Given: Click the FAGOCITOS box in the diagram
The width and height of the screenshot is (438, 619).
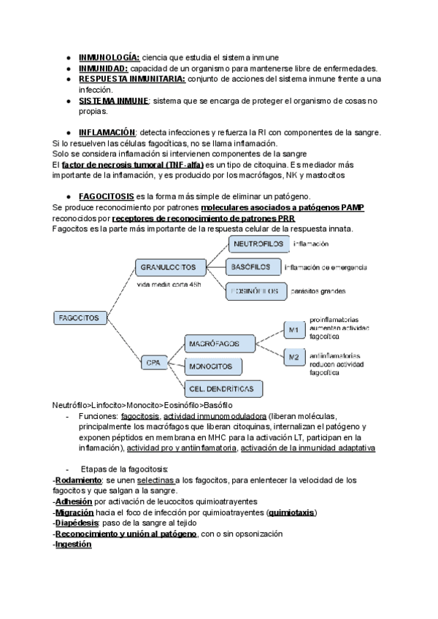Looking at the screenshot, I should tap(81, 318).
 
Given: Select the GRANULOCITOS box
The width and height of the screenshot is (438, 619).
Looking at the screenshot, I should tap(166, 269).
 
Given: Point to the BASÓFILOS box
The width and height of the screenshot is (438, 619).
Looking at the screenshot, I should tap(253, 266).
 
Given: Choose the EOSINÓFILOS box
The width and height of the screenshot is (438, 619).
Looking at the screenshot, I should tap(253, 291).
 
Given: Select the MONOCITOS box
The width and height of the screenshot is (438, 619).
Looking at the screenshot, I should tap(212, 365).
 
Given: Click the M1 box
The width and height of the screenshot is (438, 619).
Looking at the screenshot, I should tap(293, 331).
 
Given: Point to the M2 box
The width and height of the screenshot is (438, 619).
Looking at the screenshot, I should tap(293, 357).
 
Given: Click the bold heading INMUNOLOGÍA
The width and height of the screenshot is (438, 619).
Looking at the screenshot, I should tap(109, 57).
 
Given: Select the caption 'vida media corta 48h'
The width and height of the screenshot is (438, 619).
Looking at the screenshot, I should tap(169, 284).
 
